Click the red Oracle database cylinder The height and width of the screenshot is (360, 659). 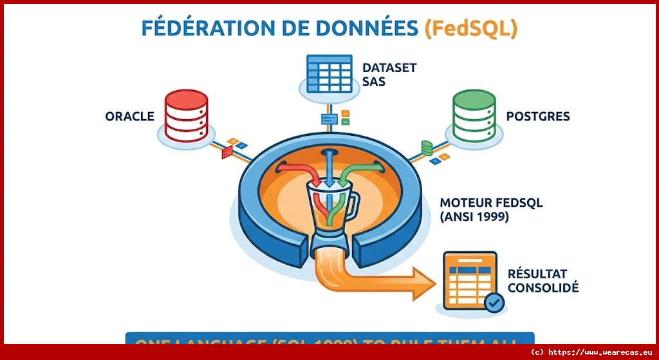pos(185,115)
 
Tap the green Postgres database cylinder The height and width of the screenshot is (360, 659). pos(474,115)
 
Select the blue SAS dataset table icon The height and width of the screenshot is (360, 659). pos(328,73)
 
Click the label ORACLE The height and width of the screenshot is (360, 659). pos(130,117)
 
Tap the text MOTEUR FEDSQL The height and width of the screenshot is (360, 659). pos(492,203)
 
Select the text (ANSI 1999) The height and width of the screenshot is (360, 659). pos(474,218)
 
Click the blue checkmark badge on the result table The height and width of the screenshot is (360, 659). pos(494,301)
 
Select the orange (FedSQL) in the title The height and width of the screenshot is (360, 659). pos(471,29)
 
